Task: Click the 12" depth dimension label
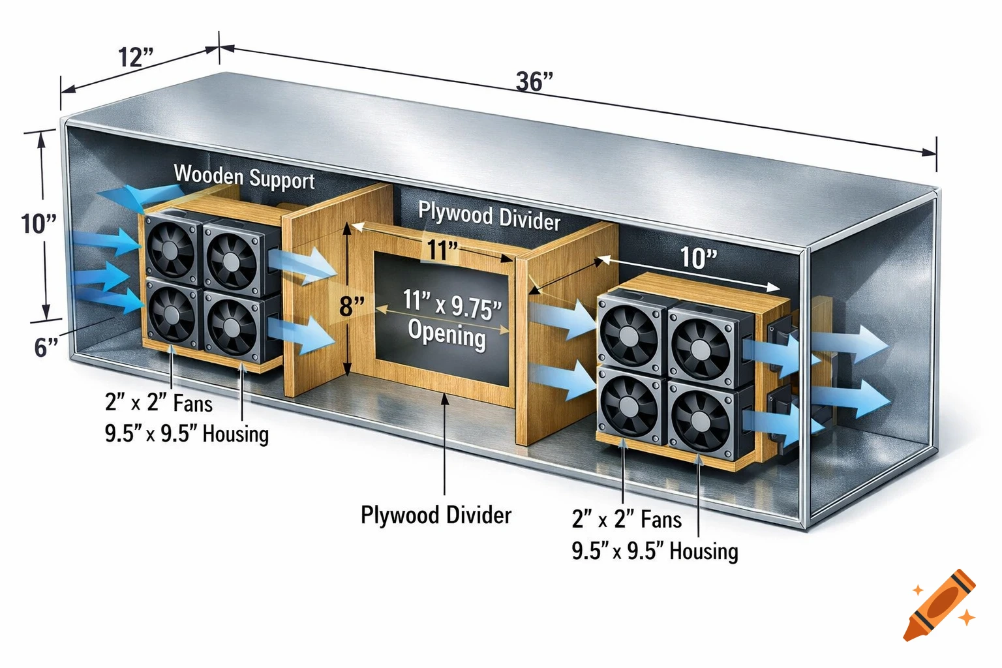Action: coord(136,57)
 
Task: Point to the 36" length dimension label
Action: coord(534,82)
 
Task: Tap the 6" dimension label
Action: coord(46,347)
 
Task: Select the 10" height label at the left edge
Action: coord(38,224)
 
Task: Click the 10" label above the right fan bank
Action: coord(698,258)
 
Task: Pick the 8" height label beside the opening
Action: coord(352,306)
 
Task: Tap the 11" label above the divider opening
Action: coord(442,250)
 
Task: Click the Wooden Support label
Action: coord(244,177)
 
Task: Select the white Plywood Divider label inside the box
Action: coord(489,216)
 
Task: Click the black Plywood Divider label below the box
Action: coord(436,515)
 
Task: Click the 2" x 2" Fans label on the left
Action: coord(159,402)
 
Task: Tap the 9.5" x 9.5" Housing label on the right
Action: coord(655,551)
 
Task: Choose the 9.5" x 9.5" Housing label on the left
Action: coord(187,434)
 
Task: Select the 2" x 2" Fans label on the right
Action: coord(626,519)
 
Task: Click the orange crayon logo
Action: coord(941,605)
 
